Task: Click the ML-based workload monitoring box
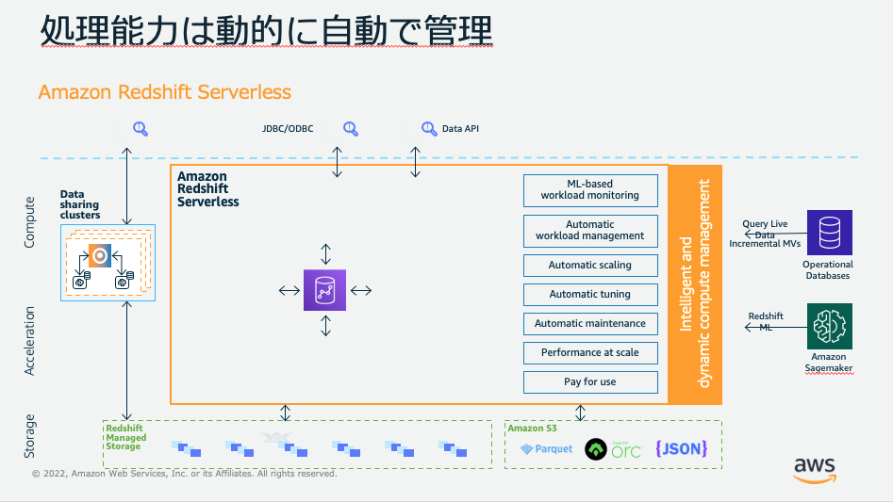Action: [590, 190]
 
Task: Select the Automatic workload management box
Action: [590, 231]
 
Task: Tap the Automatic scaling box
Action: [590, 266]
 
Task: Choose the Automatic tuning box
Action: [590, 295]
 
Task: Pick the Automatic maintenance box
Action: [590, 323]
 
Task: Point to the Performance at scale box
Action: [590, 353]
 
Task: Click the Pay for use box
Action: [590, 382]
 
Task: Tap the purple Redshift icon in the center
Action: [324, 290]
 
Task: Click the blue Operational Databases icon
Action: [829, 233]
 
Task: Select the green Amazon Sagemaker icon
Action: [829, 326]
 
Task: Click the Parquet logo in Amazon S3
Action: [546, 449]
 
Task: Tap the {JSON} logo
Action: [681, 448]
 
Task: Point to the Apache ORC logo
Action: [613, 449]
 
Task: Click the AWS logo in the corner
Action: [815, 470]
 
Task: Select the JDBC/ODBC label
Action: [288, 128]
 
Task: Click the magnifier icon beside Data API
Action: [429, 129]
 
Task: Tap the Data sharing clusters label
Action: [80, 204]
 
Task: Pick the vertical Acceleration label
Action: [29, 341]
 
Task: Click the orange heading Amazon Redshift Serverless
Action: [165, 92]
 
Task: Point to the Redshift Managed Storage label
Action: [125, 437]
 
